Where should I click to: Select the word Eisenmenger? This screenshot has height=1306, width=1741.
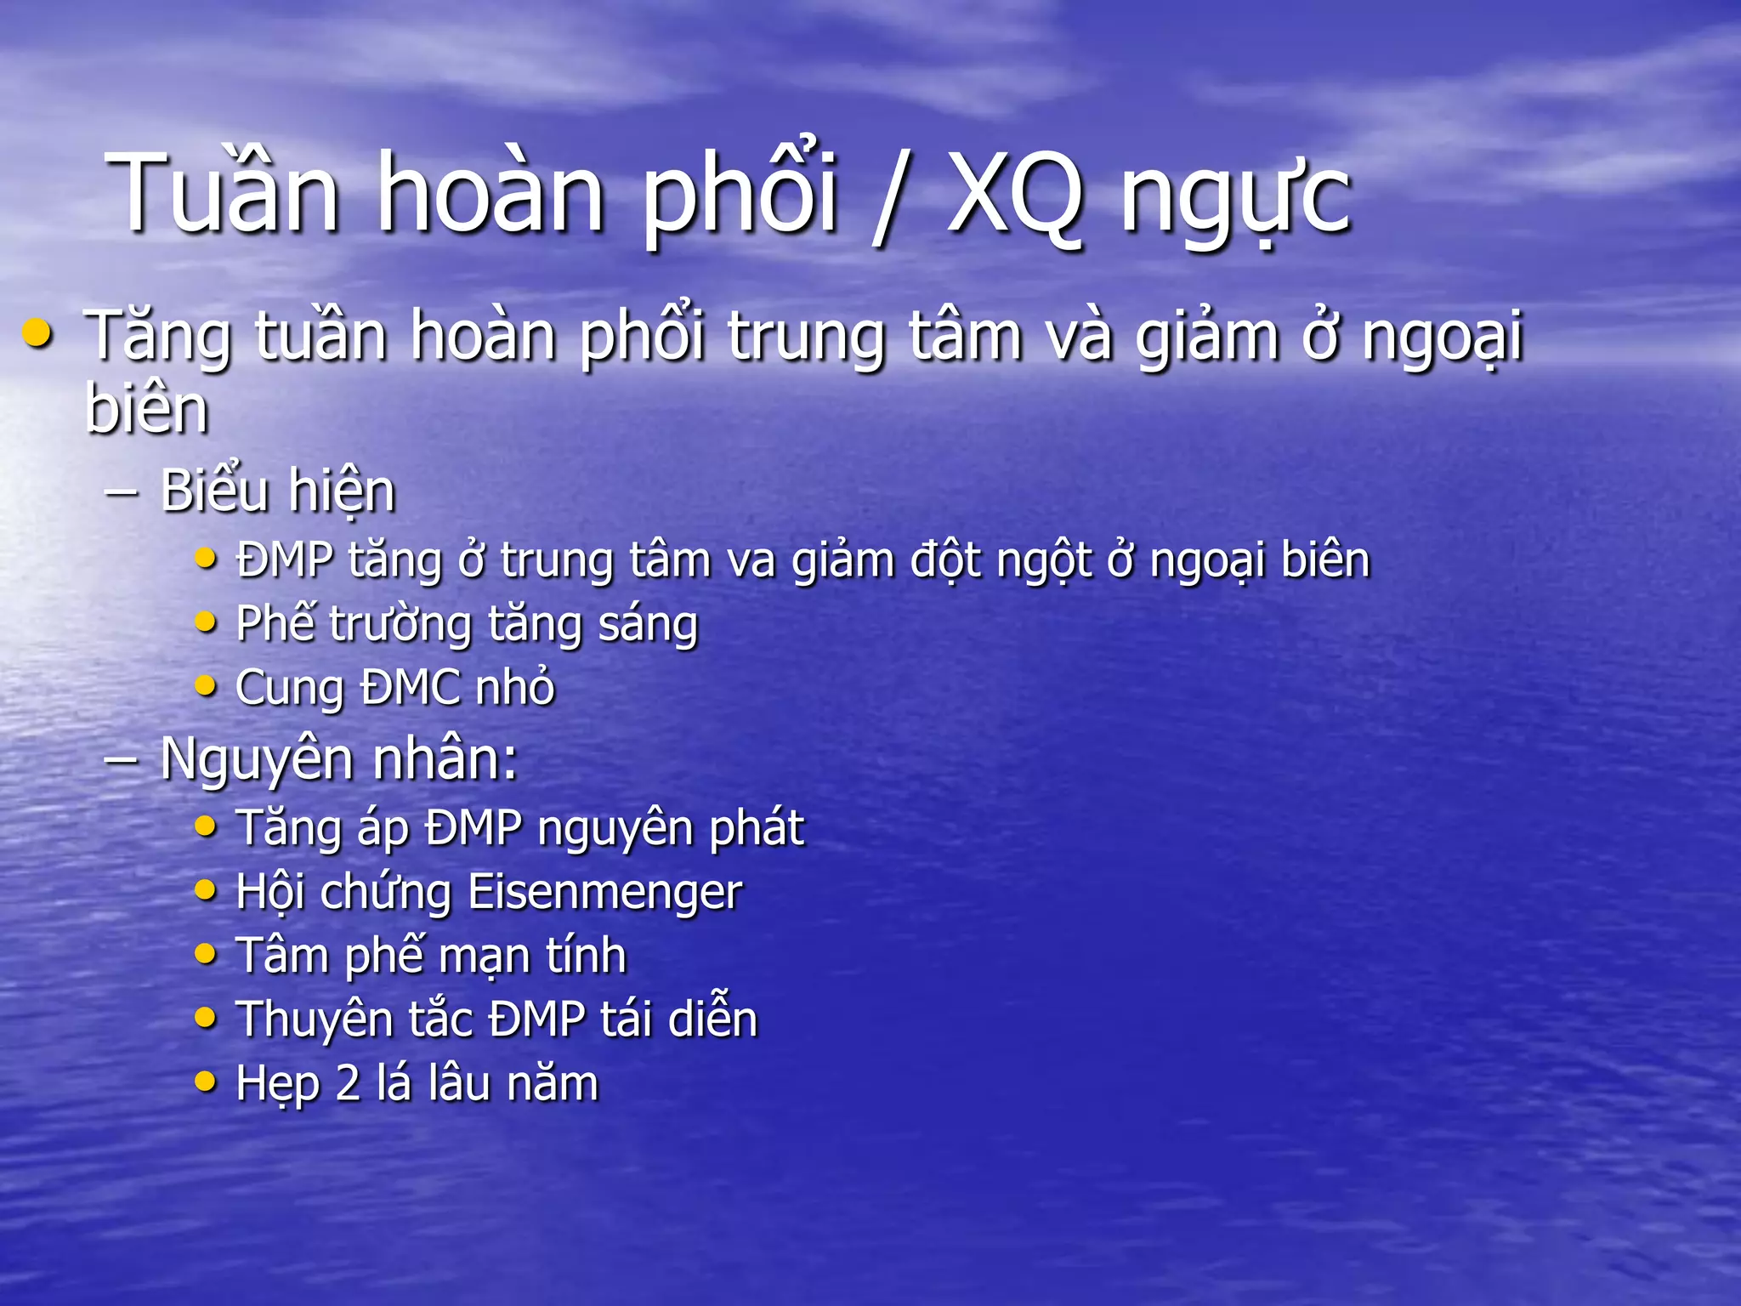click(604, 893)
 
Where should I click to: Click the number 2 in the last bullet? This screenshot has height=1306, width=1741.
click(348, 1084)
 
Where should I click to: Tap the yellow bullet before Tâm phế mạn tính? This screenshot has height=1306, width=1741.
click(206, 954)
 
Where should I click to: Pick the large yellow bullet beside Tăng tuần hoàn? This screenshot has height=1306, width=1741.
click(37, 333)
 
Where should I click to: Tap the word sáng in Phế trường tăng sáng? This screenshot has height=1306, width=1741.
click(648, 625)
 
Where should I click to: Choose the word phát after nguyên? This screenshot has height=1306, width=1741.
click(757, 829)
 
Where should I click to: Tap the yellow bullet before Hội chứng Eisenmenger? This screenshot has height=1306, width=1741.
click(206, 890)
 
